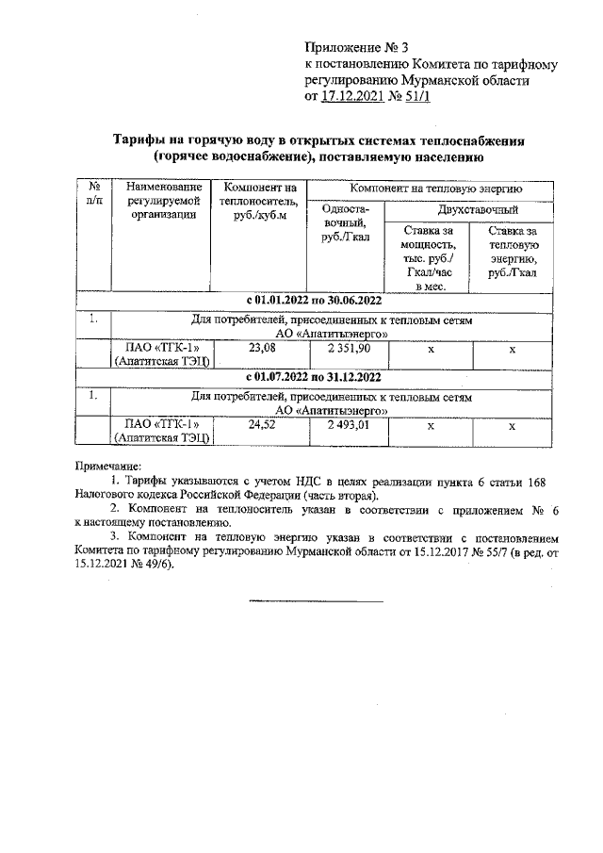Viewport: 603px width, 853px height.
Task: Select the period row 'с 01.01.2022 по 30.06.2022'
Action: click(x=313, y=301)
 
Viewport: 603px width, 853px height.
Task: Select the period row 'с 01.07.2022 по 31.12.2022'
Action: click(x=313, y=378)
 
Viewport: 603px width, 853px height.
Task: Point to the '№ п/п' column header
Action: click(x=92, y=194)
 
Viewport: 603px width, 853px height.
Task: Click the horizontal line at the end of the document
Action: click(x=317, y=599)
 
